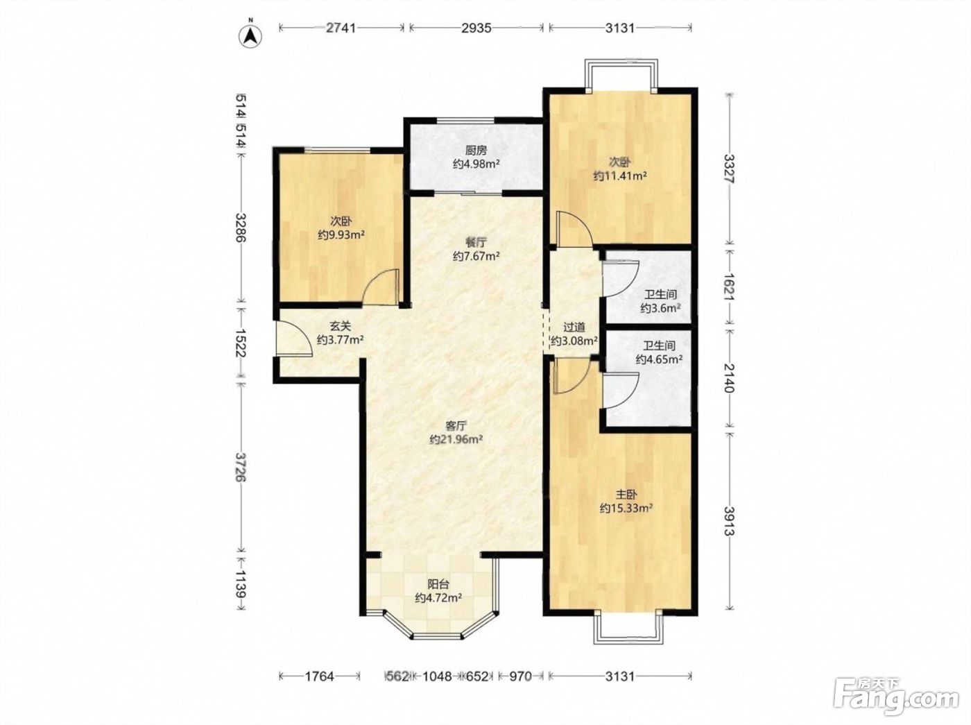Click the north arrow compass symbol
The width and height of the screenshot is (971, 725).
250,36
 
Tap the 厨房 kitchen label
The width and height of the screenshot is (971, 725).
476,151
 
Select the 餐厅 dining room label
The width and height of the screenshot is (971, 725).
476,243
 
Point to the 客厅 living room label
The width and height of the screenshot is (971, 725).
456,426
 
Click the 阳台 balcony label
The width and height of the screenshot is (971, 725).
438,585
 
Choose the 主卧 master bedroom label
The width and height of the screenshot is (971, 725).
626,495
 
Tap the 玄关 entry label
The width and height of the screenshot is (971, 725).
340,327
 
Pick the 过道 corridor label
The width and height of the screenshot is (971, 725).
574,327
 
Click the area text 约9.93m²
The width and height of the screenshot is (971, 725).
341,235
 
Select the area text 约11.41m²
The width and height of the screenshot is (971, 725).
620,176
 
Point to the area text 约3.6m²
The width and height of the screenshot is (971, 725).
660,308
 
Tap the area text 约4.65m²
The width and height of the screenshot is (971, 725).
659,359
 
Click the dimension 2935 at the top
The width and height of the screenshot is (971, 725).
476,28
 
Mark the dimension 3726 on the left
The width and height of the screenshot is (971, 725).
241,467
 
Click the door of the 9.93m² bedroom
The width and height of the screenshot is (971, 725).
381,287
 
